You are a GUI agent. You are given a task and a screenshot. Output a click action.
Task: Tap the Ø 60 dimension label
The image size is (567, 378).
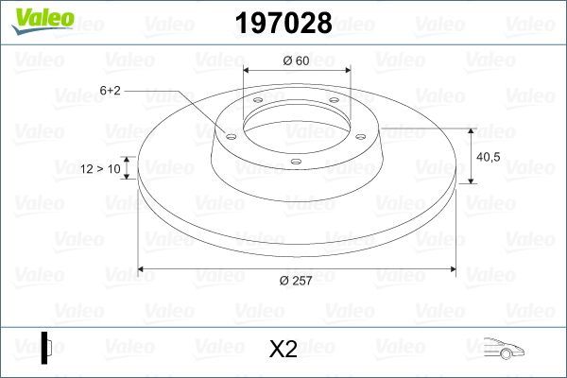coord(297,61)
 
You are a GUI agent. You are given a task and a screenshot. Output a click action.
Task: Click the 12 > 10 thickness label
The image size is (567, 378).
coord(100,168)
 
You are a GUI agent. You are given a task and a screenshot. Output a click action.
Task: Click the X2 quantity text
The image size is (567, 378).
coord(283,350)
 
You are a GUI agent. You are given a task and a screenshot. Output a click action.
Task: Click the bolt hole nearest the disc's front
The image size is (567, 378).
coord(296,162)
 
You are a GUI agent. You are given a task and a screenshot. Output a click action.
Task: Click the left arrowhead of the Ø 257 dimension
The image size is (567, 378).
coord(143,269)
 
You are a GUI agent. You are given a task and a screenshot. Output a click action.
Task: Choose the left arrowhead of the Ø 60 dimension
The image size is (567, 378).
coord(248,72)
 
